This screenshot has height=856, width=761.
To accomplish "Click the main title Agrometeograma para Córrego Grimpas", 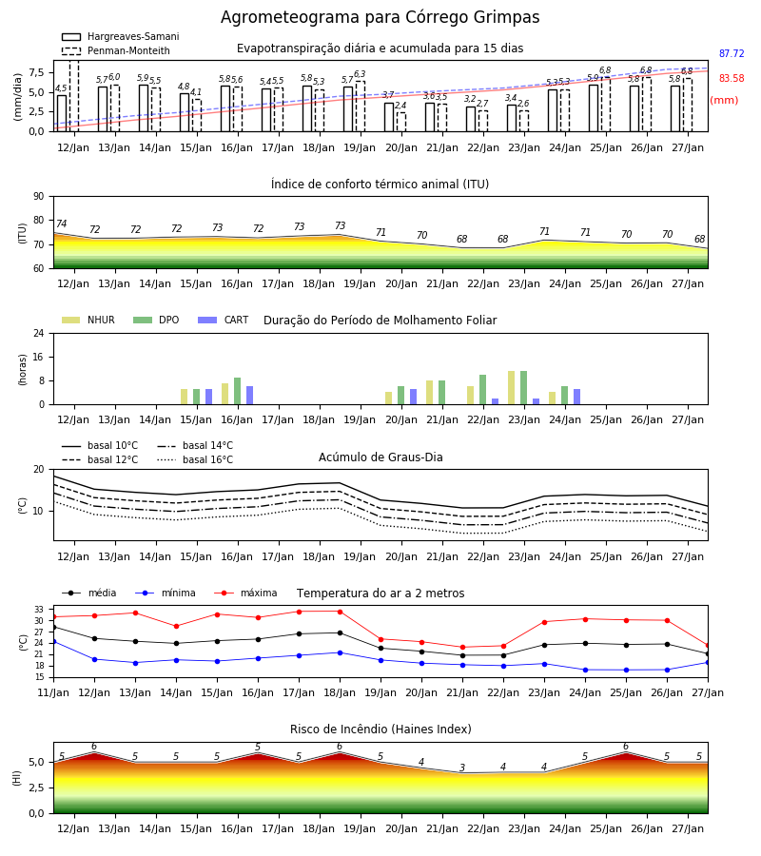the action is point(380,17).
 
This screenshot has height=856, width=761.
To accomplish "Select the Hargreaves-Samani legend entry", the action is point(120,36).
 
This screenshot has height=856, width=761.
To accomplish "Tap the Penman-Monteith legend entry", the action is point(116,50).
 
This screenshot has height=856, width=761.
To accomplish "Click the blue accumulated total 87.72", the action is point(732,53).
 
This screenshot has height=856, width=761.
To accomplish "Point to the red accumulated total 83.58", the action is point(732,78).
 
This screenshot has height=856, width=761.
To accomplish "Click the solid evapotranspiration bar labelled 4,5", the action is point(62,113).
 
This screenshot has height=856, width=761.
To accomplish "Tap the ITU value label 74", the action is point(61,224).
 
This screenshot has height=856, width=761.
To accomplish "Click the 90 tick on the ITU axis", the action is point(39,197).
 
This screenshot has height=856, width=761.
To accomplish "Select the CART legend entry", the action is point(224,320).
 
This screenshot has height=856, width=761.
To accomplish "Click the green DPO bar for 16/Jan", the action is point(238,391).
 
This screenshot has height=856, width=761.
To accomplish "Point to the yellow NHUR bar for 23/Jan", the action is point(512,388).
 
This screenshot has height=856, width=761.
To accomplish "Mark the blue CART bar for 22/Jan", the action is point(496,401).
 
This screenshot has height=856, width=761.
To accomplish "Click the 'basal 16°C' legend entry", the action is point(195,459).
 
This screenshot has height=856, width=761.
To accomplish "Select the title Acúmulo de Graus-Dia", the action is point(380,457).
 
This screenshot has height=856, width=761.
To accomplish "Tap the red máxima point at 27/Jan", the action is point(708,646).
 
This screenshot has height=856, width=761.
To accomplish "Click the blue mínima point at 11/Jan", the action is point(53,641).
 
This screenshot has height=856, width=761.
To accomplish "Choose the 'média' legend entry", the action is point(89,593).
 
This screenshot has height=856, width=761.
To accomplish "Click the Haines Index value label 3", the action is point(462,768).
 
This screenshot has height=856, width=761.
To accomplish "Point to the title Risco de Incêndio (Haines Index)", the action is point(380,730).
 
